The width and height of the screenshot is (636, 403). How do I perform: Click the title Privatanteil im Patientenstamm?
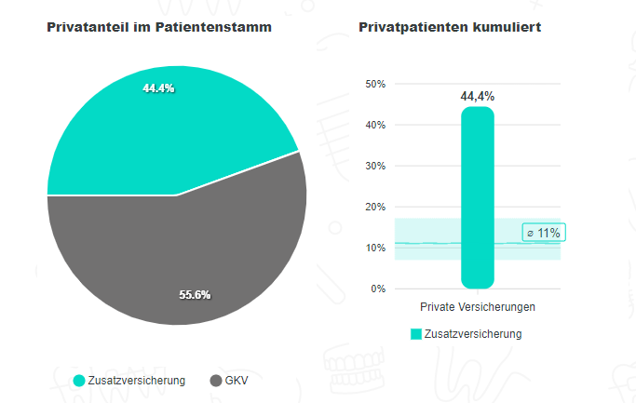159,28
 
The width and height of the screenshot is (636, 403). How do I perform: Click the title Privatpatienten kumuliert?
450,28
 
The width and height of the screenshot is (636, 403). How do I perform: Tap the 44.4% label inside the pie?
158,88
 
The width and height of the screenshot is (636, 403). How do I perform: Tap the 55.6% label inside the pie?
195,294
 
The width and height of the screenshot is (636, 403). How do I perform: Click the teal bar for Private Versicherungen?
477,196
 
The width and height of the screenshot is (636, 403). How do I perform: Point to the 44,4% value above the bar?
477,96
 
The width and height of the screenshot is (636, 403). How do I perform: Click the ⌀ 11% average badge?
544,233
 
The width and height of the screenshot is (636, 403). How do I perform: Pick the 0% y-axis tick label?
377,289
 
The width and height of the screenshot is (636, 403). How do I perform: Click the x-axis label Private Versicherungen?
477,307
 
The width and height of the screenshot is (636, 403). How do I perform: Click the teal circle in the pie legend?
79,381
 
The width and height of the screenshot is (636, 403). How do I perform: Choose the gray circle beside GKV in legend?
216,381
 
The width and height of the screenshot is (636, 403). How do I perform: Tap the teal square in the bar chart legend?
416,333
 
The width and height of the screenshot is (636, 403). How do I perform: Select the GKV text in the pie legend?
237,381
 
